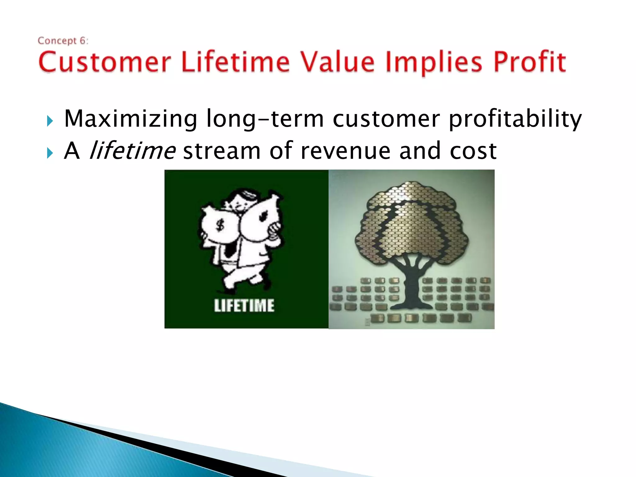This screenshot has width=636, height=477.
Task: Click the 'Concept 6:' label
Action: pos(63,41)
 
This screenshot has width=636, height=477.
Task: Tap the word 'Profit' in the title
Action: pos(530,62)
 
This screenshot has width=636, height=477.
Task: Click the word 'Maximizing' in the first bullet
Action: pos(130,119)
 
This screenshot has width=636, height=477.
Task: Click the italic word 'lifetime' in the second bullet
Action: pos(132,151)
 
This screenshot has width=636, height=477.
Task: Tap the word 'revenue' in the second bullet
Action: pos(345,151)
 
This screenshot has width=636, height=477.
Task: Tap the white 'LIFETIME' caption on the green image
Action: pos(244,305)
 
